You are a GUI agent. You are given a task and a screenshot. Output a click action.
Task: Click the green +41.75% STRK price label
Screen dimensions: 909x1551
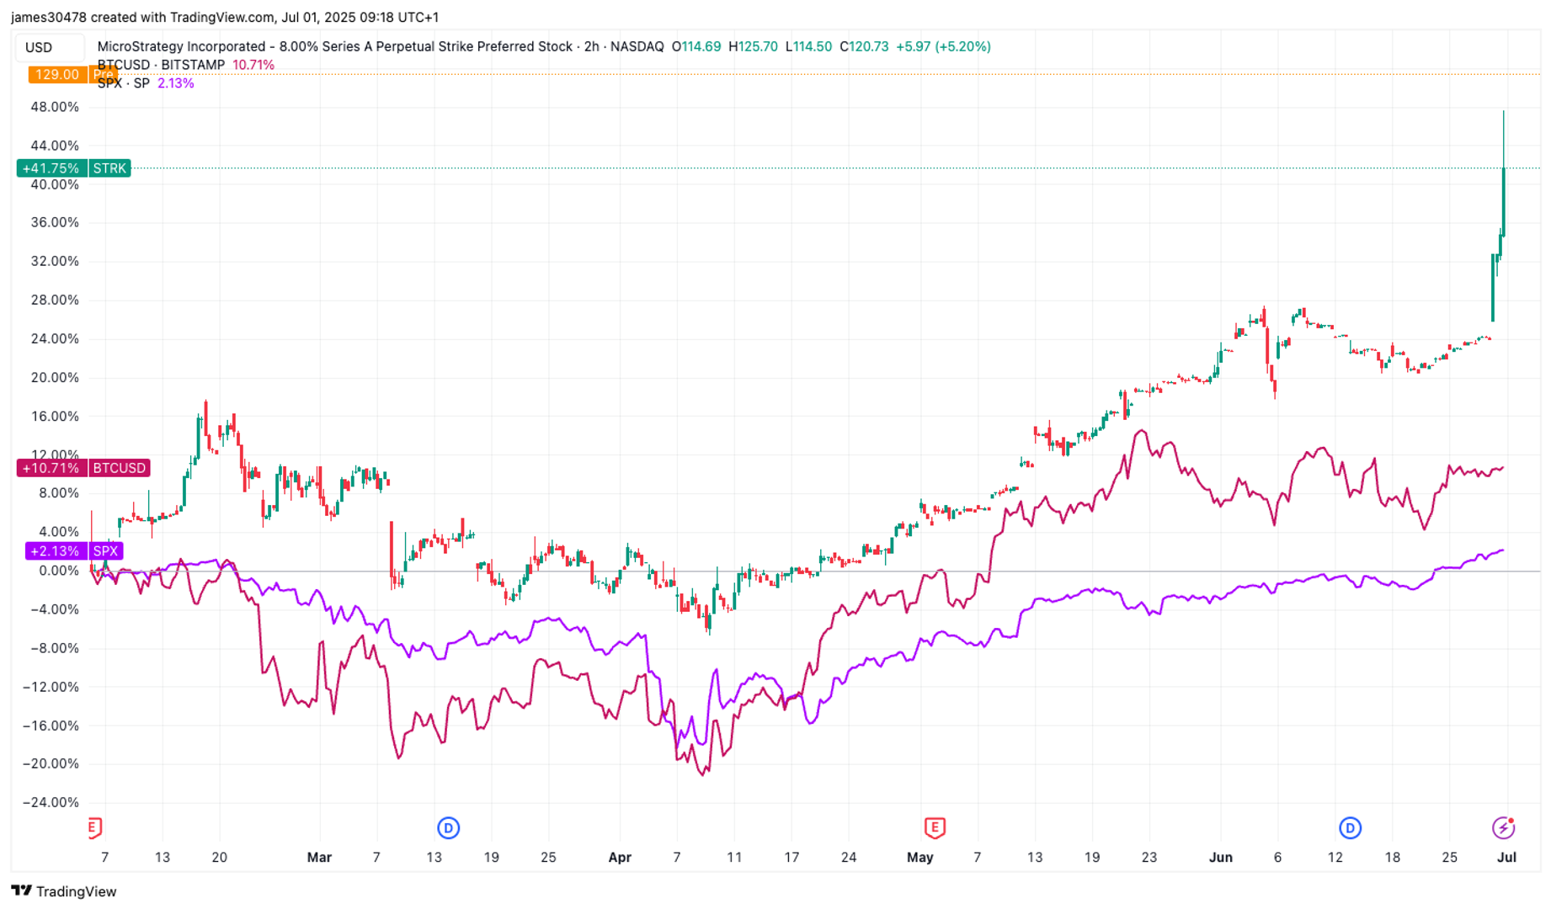73,168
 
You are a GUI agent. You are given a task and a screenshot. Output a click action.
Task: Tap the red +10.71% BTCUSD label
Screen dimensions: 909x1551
83,468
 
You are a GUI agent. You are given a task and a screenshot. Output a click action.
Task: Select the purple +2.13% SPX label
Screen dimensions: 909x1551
74,551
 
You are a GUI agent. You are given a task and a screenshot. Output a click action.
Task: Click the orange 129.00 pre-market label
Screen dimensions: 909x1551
56,75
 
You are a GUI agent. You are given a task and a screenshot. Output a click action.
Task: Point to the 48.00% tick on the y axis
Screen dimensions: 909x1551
55,107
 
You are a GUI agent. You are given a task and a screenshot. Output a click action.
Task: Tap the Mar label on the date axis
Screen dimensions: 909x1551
319,858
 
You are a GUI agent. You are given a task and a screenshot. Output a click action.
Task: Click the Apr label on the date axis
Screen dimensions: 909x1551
620,858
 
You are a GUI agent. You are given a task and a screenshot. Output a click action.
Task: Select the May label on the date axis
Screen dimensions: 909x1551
920,858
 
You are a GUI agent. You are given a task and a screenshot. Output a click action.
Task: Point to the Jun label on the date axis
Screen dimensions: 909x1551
1220,858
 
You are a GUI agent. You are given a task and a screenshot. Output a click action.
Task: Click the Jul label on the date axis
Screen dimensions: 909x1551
1506,858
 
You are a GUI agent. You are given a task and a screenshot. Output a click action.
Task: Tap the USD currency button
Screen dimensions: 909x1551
40,47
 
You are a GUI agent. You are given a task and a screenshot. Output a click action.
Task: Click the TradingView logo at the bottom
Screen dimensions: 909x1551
64,891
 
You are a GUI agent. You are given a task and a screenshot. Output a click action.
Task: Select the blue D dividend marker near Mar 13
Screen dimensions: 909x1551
448,828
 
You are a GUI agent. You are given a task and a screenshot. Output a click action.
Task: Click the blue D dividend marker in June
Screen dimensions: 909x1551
1350,828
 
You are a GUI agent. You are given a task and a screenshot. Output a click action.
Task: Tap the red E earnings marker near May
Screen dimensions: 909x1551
934,828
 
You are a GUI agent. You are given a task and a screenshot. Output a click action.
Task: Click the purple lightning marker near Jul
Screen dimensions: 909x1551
1503,828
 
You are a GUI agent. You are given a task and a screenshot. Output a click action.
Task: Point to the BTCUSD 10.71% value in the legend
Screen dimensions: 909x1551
253,65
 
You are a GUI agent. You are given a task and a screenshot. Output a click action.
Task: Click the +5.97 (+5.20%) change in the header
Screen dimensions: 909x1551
943,47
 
